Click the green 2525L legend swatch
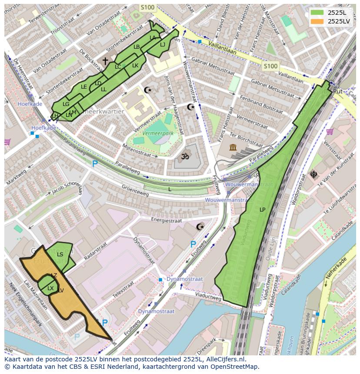(317, 13)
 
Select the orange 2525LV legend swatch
(317, 21)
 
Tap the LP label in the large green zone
(262, 210)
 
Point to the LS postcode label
(60, 255)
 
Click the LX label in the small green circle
(50, 288)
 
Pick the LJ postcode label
(162, 45)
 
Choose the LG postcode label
(66, 104)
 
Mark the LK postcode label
(135, 66)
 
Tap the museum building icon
(233, 148)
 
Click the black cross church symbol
(105, 61)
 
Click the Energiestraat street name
(166, 220)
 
